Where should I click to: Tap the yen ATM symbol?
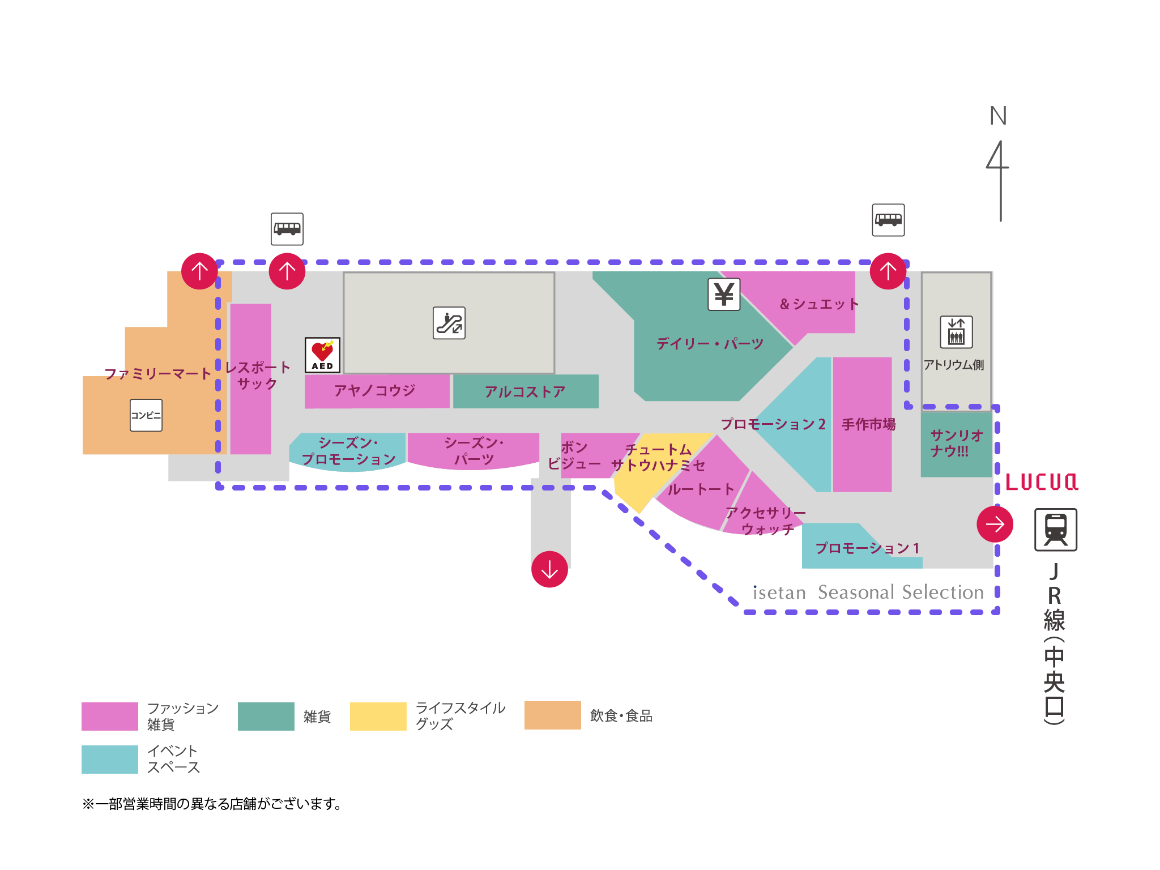point(724,295)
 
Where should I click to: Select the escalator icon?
point(449,323)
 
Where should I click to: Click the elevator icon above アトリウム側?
point(956,332)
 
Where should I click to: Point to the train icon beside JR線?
point(1056,530)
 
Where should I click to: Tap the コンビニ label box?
point(146,415)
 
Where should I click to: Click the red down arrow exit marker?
point(549,569)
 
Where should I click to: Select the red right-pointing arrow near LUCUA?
point(995,524)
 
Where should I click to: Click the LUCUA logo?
point(1042,482)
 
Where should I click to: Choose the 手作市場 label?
point(868,424)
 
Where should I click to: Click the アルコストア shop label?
point(525,391)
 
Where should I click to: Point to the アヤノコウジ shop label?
point(374,390)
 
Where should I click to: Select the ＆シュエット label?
point(819,304)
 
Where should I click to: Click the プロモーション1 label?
point(867,548)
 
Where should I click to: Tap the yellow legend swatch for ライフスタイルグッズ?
point(378,716)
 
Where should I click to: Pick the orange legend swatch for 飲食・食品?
point(552,715)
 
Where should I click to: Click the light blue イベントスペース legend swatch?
point(110,759)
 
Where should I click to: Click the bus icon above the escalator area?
point(287,229)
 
